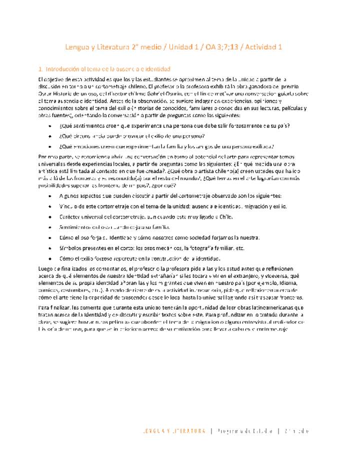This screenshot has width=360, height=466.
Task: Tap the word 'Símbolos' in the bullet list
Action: point(70,248)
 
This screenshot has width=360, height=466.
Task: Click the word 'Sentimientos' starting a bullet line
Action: point(75,227)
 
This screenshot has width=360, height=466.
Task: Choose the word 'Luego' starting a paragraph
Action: point(45,269)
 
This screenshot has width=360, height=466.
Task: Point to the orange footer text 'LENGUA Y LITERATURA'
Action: point(173,431)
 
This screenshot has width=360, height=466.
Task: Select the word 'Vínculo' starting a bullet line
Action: point(69,206)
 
